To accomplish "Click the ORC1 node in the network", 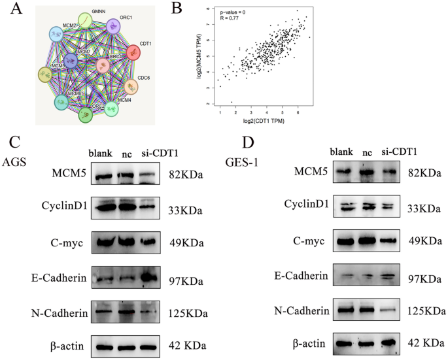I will coord(112,27).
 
